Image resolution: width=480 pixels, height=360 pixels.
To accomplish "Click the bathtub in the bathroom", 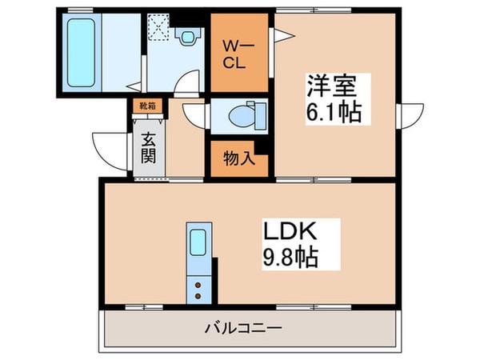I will pyautogui.click(x=80, y=52).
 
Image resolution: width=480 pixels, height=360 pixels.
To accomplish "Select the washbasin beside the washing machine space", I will pyautogui.click(x=188, y=35).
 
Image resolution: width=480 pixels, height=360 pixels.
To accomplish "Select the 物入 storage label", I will pyautogui.click(x=238, y=158).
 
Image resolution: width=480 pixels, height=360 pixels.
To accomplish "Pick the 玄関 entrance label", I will pyautogui.click(x=149, y=146).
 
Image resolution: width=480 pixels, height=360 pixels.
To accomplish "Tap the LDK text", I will pyautogui.click(x=293, y=231).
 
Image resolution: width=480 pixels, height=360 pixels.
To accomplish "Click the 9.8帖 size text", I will pyautogui.click(x=293, y=258).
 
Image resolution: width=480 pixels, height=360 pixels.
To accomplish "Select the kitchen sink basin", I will pyautogui.click(x=197, y=242).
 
